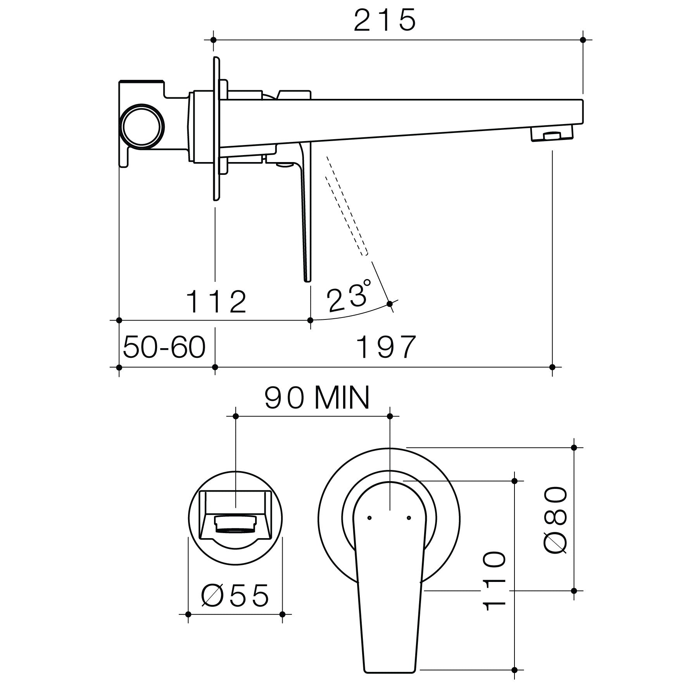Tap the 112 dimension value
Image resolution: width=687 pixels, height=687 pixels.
pyautogui.click(x=216, y=302)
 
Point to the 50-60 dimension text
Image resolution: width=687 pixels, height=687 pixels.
pyautogui.click(x=164, y=347)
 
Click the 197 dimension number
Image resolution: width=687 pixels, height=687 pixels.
pyautogui.click(x=386, y=347)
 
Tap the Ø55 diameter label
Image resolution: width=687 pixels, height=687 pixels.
pyautogui.click(x=235, y=596)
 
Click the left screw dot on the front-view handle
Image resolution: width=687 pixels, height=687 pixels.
pyautogui.click(x=369, y=518)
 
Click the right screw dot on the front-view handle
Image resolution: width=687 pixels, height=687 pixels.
pyautogui.click(x=408, y=518)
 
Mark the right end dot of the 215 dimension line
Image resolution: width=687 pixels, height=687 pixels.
pyautogui.click(x=583, y=40)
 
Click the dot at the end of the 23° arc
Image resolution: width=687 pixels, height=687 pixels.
pyautogui.click(x=390, y=304)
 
